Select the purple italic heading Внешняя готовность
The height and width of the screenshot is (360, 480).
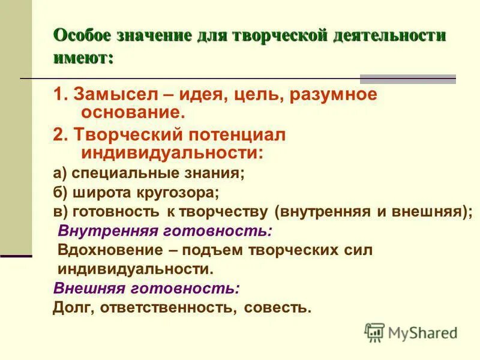coord(147,288)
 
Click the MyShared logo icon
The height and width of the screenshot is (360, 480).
coord(375,332)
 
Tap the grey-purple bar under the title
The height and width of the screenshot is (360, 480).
coord(407,79)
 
